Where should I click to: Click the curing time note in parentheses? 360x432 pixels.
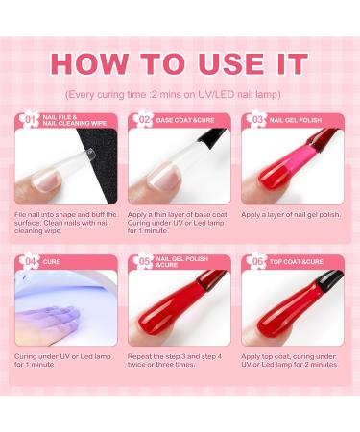tap(180, 96)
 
